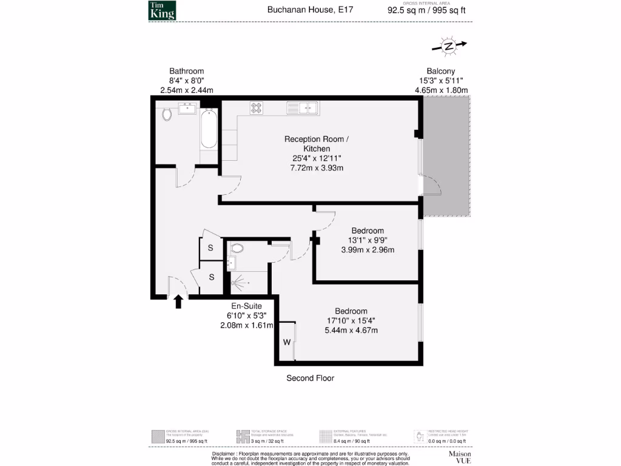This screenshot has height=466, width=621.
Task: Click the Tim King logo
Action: pos(162,10)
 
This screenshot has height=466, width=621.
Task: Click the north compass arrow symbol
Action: pos(449,46)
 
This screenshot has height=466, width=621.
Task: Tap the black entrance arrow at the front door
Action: pos(178,302)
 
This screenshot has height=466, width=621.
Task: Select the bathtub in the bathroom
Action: pos(208,128)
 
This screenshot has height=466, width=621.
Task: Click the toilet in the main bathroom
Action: pos(167,113)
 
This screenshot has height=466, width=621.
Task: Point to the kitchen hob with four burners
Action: pos(257,108)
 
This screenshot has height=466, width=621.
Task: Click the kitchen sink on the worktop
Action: pos(303,108)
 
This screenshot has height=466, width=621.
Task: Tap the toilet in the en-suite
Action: pos(237,248)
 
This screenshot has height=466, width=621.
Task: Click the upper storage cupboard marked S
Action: pos(211,248)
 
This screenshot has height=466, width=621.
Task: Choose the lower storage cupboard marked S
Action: pos(212,277)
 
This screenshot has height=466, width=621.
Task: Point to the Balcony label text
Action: pos(441,71)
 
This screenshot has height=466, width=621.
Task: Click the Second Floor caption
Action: pos(310,378)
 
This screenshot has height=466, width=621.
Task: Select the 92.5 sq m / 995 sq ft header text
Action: pos(427,10)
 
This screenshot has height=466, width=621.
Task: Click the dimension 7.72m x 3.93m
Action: pos(317,168)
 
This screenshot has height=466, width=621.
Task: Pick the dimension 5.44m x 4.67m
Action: pos(351,330)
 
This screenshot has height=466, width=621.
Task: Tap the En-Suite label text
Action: pos(246,306)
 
